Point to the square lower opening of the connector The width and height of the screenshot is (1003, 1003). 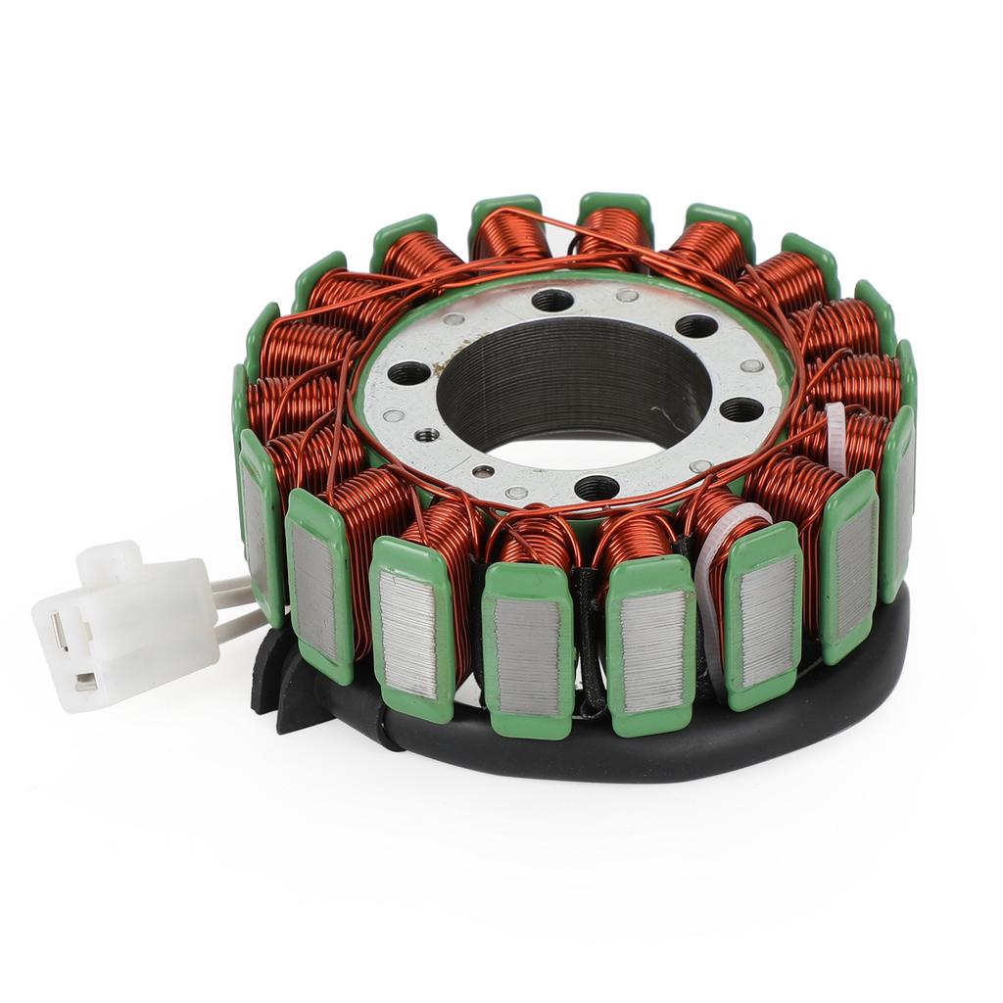[x=86, y=680]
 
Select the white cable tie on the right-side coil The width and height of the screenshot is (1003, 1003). [x=836, y=437]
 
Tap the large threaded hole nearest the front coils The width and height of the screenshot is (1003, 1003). [x=597, y=486]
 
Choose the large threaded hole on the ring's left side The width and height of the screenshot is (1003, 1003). [x=408, y=374]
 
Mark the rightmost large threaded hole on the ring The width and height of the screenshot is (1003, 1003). [x=740, y=409]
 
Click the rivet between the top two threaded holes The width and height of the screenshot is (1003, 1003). [x=627, y=295]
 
